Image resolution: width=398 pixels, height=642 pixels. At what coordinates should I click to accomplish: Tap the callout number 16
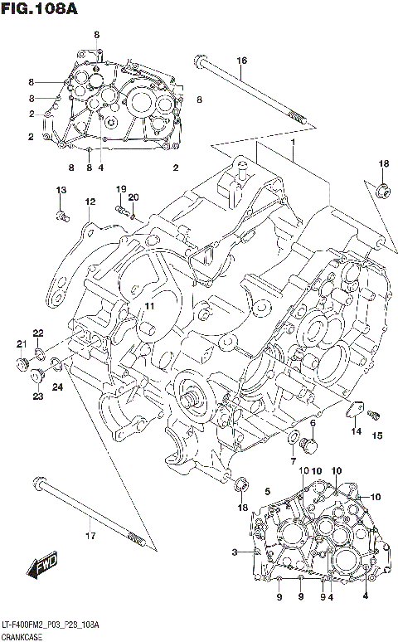(x=241, y=61)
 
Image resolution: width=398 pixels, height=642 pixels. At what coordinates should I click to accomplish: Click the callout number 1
(x=293, y=143)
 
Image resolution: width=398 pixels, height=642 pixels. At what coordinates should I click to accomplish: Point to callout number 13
(x=61, y=192)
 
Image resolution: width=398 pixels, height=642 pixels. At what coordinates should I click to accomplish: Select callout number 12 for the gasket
(x=90, y=202)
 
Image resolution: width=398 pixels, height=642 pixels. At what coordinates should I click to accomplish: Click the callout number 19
(x=120, y=189)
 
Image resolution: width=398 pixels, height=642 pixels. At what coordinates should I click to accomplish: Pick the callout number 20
(x=133, y=197)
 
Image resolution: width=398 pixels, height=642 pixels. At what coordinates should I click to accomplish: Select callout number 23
(x=38, y=396)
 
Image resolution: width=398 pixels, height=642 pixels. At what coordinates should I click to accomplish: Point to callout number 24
(x=58, y=387)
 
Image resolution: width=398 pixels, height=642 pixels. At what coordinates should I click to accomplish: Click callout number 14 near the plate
(x=355, y=431)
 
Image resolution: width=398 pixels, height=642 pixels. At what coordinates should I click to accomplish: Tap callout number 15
(x=376, y=435)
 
